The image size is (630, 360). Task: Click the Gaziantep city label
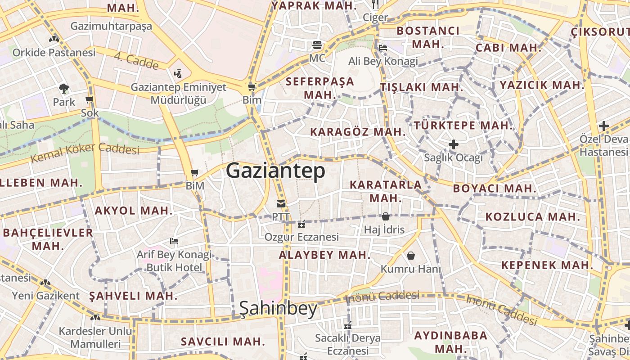(275, 171)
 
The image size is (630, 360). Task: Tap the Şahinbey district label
(278, 308)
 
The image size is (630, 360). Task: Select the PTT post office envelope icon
(281, 204)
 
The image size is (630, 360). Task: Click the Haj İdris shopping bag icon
(385, 216)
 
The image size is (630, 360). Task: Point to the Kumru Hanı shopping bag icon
(411, 256)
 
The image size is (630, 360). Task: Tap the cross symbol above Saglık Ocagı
(454, 144)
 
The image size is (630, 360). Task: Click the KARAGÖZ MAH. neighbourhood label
(358, 132)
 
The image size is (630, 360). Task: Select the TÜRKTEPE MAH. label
(463, 125)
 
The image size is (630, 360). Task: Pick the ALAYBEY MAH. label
(324, 255)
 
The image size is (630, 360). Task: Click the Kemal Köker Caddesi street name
(85, 153)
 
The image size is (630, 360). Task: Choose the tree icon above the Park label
(64, 89)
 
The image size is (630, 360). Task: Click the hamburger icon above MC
(317, 45)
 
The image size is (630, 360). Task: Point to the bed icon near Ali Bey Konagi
(383, 47)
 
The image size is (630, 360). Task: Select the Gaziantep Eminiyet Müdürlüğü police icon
(178, 73)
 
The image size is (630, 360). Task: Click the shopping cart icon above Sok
(89, 99)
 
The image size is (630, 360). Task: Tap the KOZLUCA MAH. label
(533, 217)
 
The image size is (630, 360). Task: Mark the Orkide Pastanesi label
(54, 53)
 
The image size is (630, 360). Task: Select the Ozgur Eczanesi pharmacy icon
(301, 224)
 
